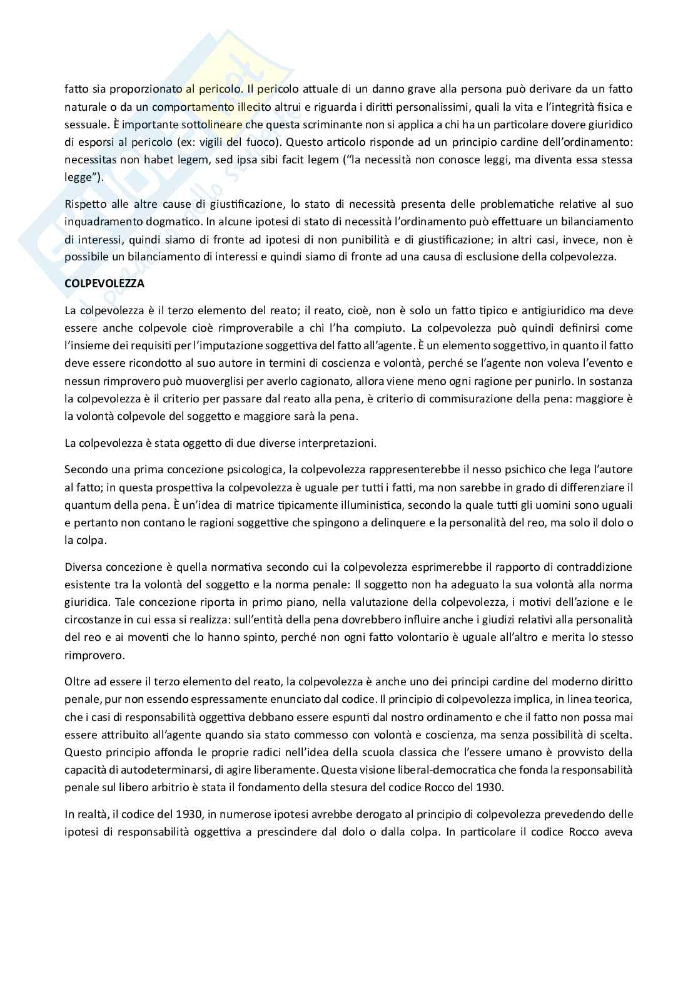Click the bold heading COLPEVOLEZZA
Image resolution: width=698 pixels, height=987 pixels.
[104, 284]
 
